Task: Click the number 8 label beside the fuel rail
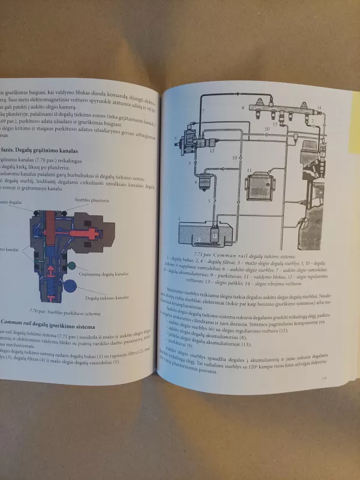tap(243, 108)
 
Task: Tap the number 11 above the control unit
tap(248, 170)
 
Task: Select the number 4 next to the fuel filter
tap(196, 181)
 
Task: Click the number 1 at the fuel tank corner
tap(179, 219)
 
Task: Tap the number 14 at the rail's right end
tap(319, 107)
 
